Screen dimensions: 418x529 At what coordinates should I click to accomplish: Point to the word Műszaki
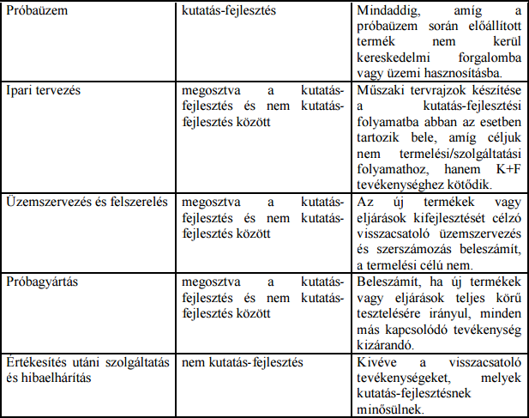point(381,89)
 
